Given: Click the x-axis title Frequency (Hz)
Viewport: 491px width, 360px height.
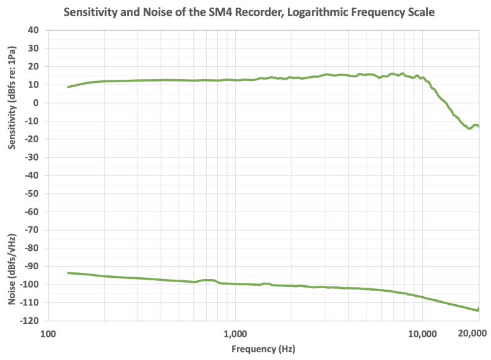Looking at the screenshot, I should tap(263, 350).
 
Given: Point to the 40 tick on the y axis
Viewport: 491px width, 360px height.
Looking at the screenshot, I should tap(34, 30).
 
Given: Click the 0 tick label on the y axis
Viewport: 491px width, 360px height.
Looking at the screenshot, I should tap(37, 103).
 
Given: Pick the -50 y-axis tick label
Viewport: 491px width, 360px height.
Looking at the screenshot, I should tap(33, 194).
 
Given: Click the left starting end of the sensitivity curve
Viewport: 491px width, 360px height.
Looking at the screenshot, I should tap(68, 87).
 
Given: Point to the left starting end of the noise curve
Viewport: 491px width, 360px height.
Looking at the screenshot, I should tap(68, 273).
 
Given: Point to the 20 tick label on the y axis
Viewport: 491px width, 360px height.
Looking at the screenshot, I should tap(34, 66).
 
